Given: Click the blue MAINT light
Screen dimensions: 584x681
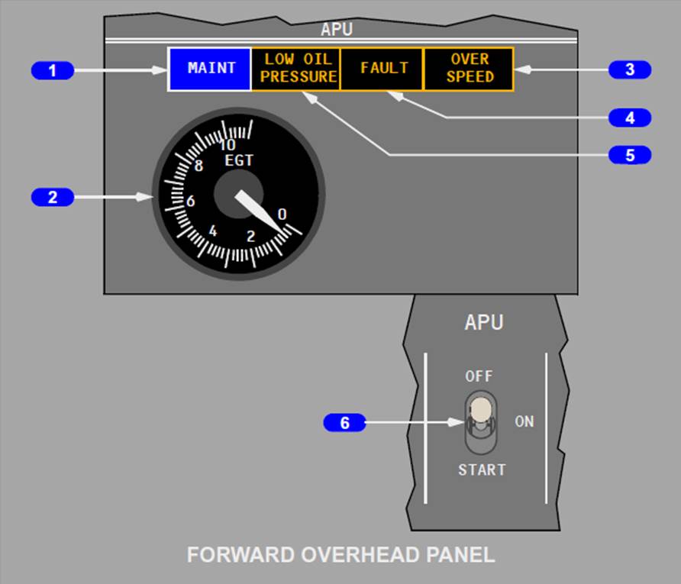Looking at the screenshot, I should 210,69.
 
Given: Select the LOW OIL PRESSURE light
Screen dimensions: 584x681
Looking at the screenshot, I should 296,69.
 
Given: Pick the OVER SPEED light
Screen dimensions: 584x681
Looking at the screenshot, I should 469,69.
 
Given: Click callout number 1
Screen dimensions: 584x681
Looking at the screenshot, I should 53,71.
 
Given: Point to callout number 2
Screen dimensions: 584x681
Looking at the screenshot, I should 53,198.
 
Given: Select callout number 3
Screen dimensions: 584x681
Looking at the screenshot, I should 629,69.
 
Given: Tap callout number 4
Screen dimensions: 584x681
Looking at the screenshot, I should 629,118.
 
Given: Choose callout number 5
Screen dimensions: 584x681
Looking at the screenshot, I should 629,155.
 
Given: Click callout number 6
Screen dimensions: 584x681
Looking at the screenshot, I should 344,423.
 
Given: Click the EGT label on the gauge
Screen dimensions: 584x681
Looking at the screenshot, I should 238,161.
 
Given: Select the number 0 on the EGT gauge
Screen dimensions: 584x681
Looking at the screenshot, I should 282,215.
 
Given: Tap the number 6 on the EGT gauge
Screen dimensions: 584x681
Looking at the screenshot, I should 191,202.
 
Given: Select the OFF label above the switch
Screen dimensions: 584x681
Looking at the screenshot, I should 479,376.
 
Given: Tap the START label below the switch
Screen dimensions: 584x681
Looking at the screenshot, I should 481,470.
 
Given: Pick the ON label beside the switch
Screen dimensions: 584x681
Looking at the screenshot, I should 524,421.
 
